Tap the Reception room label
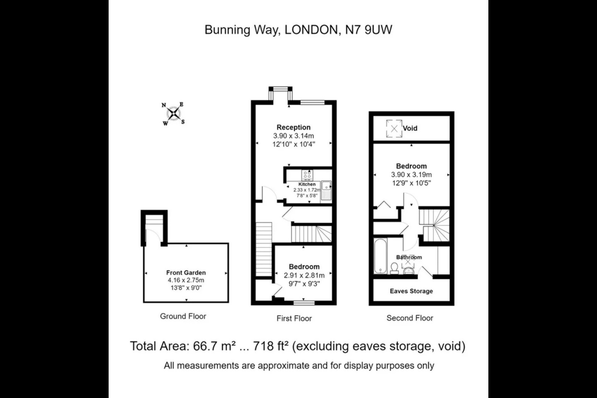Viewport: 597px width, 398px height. coord(294,127)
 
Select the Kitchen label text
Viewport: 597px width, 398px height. coord(307,184)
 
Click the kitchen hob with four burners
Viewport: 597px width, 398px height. coord(308,175)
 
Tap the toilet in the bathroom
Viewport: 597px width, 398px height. coord(394,269)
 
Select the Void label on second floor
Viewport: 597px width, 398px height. coord(410,129)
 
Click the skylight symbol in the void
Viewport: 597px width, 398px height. coord(394,129)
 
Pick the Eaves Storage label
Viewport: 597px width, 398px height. coord(411,291)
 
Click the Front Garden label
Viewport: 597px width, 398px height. coord(186,272)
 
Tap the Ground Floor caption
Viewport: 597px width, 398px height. coord(183,316)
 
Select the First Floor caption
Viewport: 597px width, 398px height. coord(294,318)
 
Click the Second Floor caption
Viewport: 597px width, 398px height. coord(410,318)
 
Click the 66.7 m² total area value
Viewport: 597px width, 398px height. coord(215,346)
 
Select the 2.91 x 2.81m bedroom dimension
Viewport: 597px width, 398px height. coord(304,275)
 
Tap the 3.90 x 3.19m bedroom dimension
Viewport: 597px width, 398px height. coord(411,175)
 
